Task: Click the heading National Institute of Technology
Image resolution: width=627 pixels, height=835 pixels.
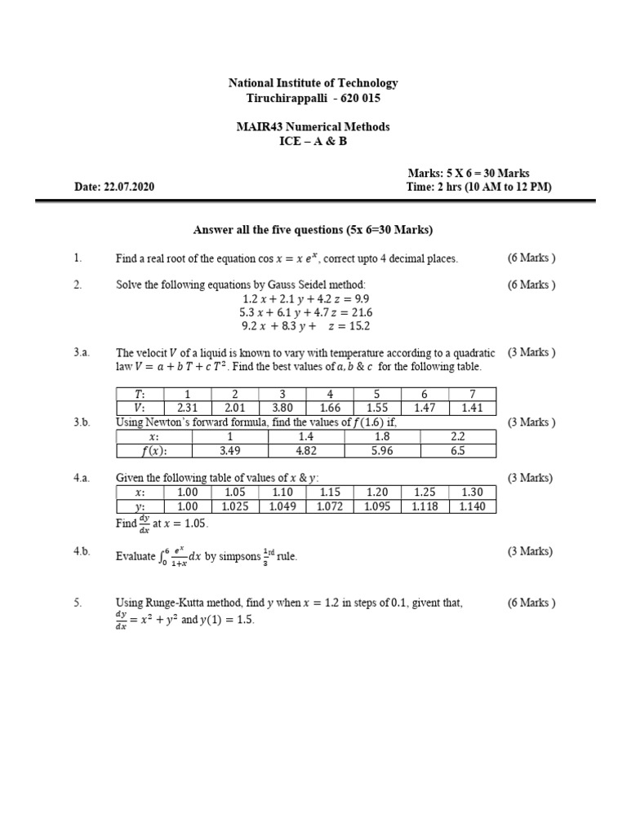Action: tap(313, 82)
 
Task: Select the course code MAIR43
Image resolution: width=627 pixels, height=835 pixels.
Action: tap(260, 126)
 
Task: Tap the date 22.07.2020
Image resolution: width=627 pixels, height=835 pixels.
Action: tap(128, 187)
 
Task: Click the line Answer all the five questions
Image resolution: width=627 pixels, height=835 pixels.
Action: tap(313, 229)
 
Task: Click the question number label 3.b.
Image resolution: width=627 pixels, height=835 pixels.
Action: tap(82, 422)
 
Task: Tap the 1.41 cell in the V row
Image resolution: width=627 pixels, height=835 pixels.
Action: tap(471, 409)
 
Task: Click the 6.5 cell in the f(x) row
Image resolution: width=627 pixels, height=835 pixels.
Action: tap(457, 452)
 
